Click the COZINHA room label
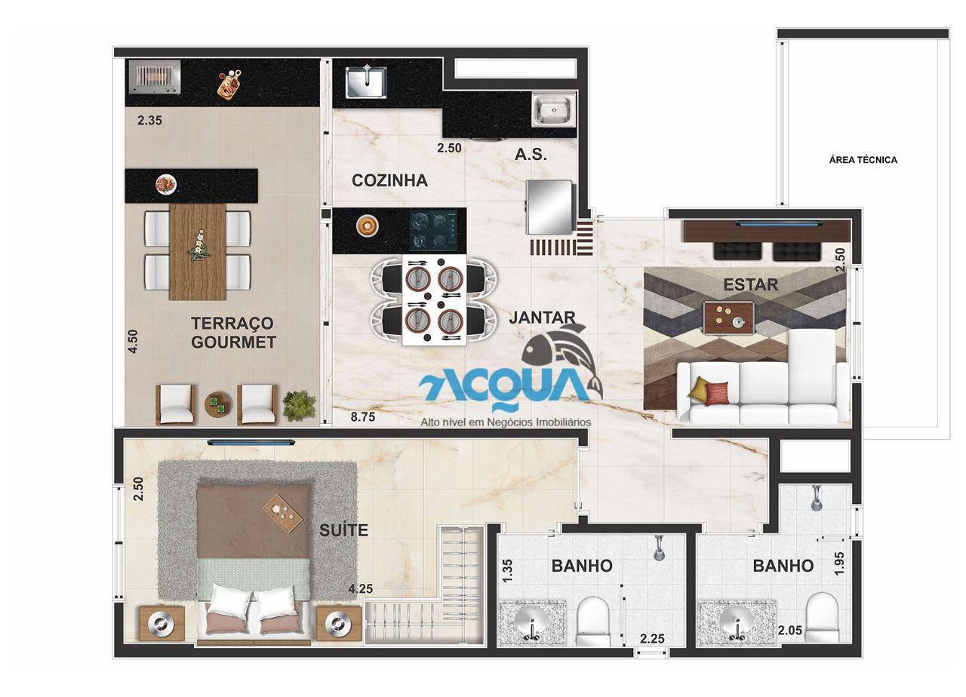[389, 180]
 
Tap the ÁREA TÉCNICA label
[863, 160]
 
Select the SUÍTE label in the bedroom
[343, 530]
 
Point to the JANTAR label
[542, 318]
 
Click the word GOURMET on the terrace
[233, 342]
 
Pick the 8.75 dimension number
[363, 417]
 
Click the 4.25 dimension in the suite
[361, 588]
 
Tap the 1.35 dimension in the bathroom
[508, 570]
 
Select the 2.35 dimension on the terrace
[149, 120]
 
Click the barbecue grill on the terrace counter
[155, 77]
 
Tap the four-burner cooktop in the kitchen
[433, 230]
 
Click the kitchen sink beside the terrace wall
[366, 82]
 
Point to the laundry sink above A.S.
[553, 109]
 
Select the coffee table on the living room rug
[729, 318]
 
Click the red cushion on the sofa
[716, 393]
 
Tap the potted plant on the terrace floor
[300, 406]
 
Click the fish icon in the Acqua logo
[561, 357]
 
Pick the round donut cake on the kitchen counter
[368, 226]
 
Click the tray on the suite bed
[282, 513]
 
